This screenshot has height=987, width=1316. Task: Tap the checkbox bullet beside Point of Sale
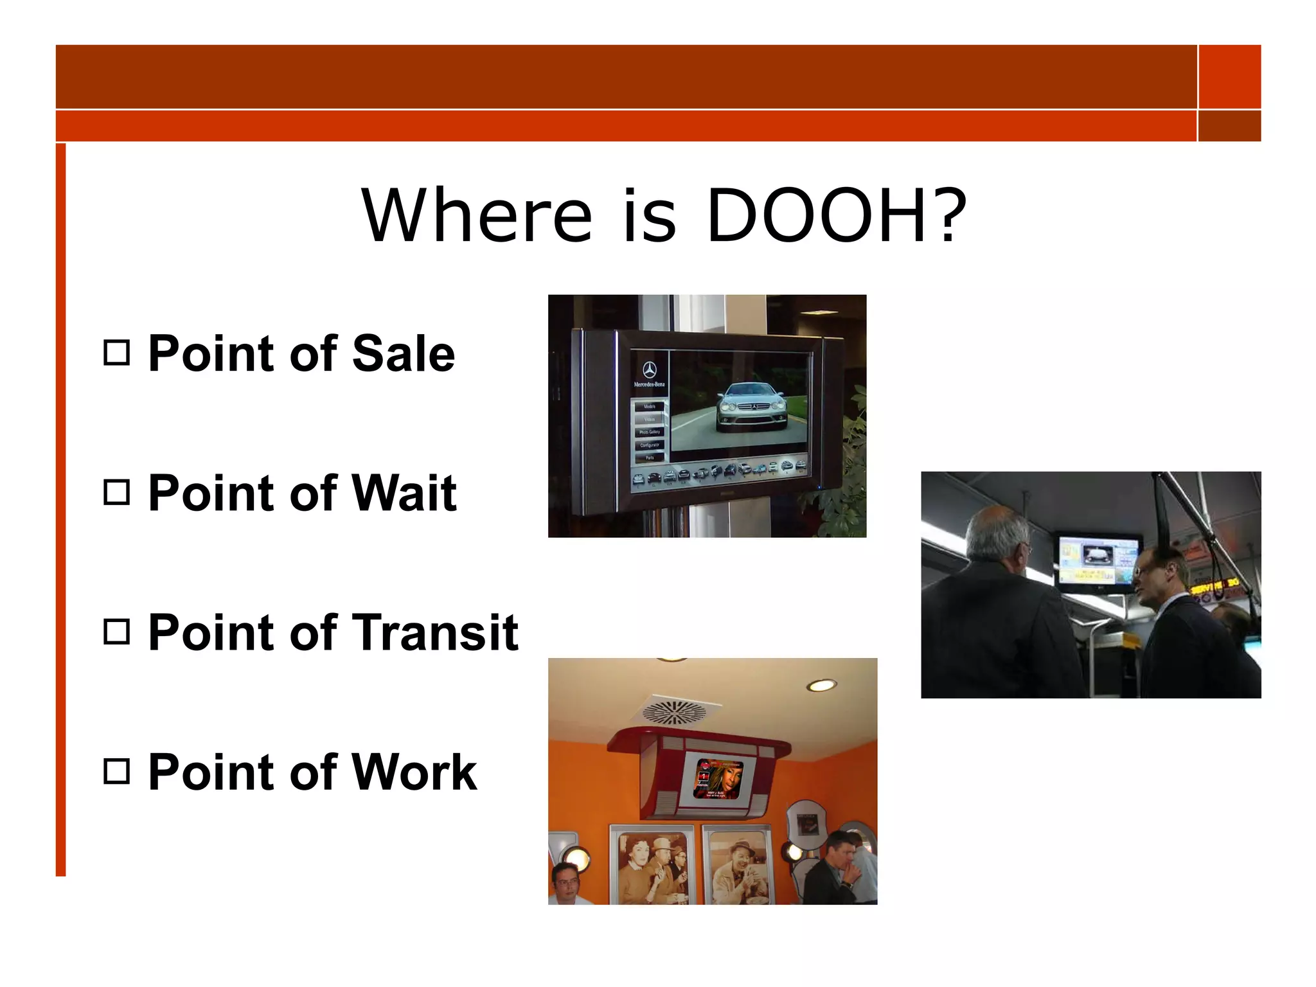(x=116, y=353)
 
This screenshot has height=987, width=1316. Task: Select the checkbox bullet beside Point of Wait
(x=116, y=493)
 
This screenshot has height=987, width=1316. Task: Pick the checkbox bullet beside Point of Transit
(x=116, y=632)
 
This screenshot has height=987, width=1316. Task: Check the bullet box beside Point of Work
(x=116, y=771)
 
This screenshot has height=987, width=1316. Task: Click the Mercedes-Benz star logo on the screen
(x=649, y=369)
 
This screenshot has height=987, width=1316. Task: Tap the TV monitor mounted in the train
(x=1098, y=562)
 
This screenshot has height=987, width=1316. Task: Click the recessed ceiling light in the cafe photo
(x=821, y=685)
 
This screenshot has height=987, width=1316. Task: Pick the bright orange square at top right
(x=1229, y=76)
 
